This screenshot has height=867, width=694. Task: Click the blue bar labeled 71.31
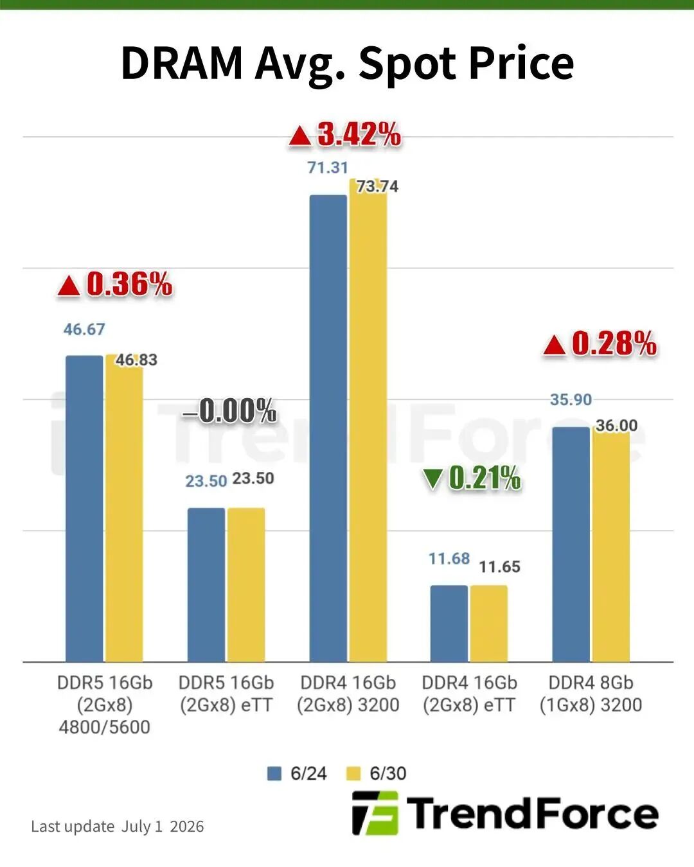pyautogui.click(x=328, y=428)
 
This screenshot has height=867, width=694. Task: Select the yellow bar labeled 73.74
pyautogui.click(x=368, y=420)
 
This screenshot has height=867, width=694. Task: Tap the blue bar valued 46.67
pyautogui.click(x=84, y=509)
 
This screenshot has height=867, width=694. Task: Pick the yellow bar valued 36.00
pyautogui.click(x=610, y=547)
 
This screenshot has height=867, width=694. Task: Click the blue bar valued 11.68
pyautogui.click(x=449, y=624)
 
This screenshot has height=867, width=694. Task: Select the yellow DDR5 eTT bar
pyautogui.click(x=246, y=585)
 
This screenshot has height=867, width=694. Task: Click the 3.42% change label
pyautogui.click(x=345, y=135)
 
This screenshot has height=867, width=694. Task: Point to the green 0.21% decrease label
pyautogui.click(x=472, y=478)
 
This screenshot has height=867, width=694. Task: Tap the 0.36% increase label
pyautogui.click(x=115, y=285)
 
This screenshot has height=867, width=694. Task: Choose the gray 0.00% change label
pyautogui.click(x=229, y=411)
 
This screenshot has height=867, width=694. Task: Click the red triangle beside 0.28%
pyautogui.click(x=554, y=346)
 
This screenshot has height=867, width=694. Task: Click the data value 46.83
pyautogui.click(x=136, y=360)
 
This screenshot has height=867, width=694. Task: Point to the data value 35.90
pyautogui.click(x=571, y=399)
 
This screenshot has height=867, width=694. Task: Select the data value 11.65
pyautogui.click(x=500, y=567)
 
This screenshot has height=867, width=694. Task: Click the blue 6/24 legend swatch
pyautogui.click(x=274, y=773)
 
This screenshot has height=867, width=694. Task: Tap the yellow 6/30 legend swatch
pyautogui.click(x=353, y=773)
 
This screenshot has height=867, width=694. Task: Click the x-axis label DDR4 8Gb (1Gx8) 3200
pyautogui.click(x=591, y=694)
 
